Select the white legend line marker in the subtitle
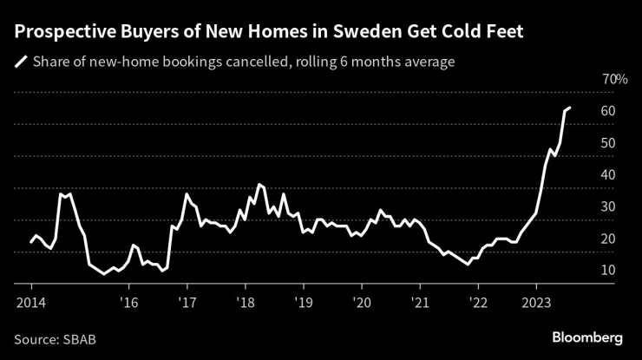pyautogui.click(x=20, y=62)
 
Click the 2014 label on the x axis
pyautogui.click(x=30, y=302)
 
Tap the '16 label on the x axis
pyautogui.click(x=128, y=302)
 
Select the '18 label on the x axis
pyautogui.click(x=245, y=302)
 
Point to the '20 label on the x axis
pyautogui.click(x=362, y=302)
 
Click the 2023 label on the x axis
pyautogui.click(x=536, y=302)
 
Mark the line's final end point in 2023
pyautogui.click(x=569, y=108)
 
